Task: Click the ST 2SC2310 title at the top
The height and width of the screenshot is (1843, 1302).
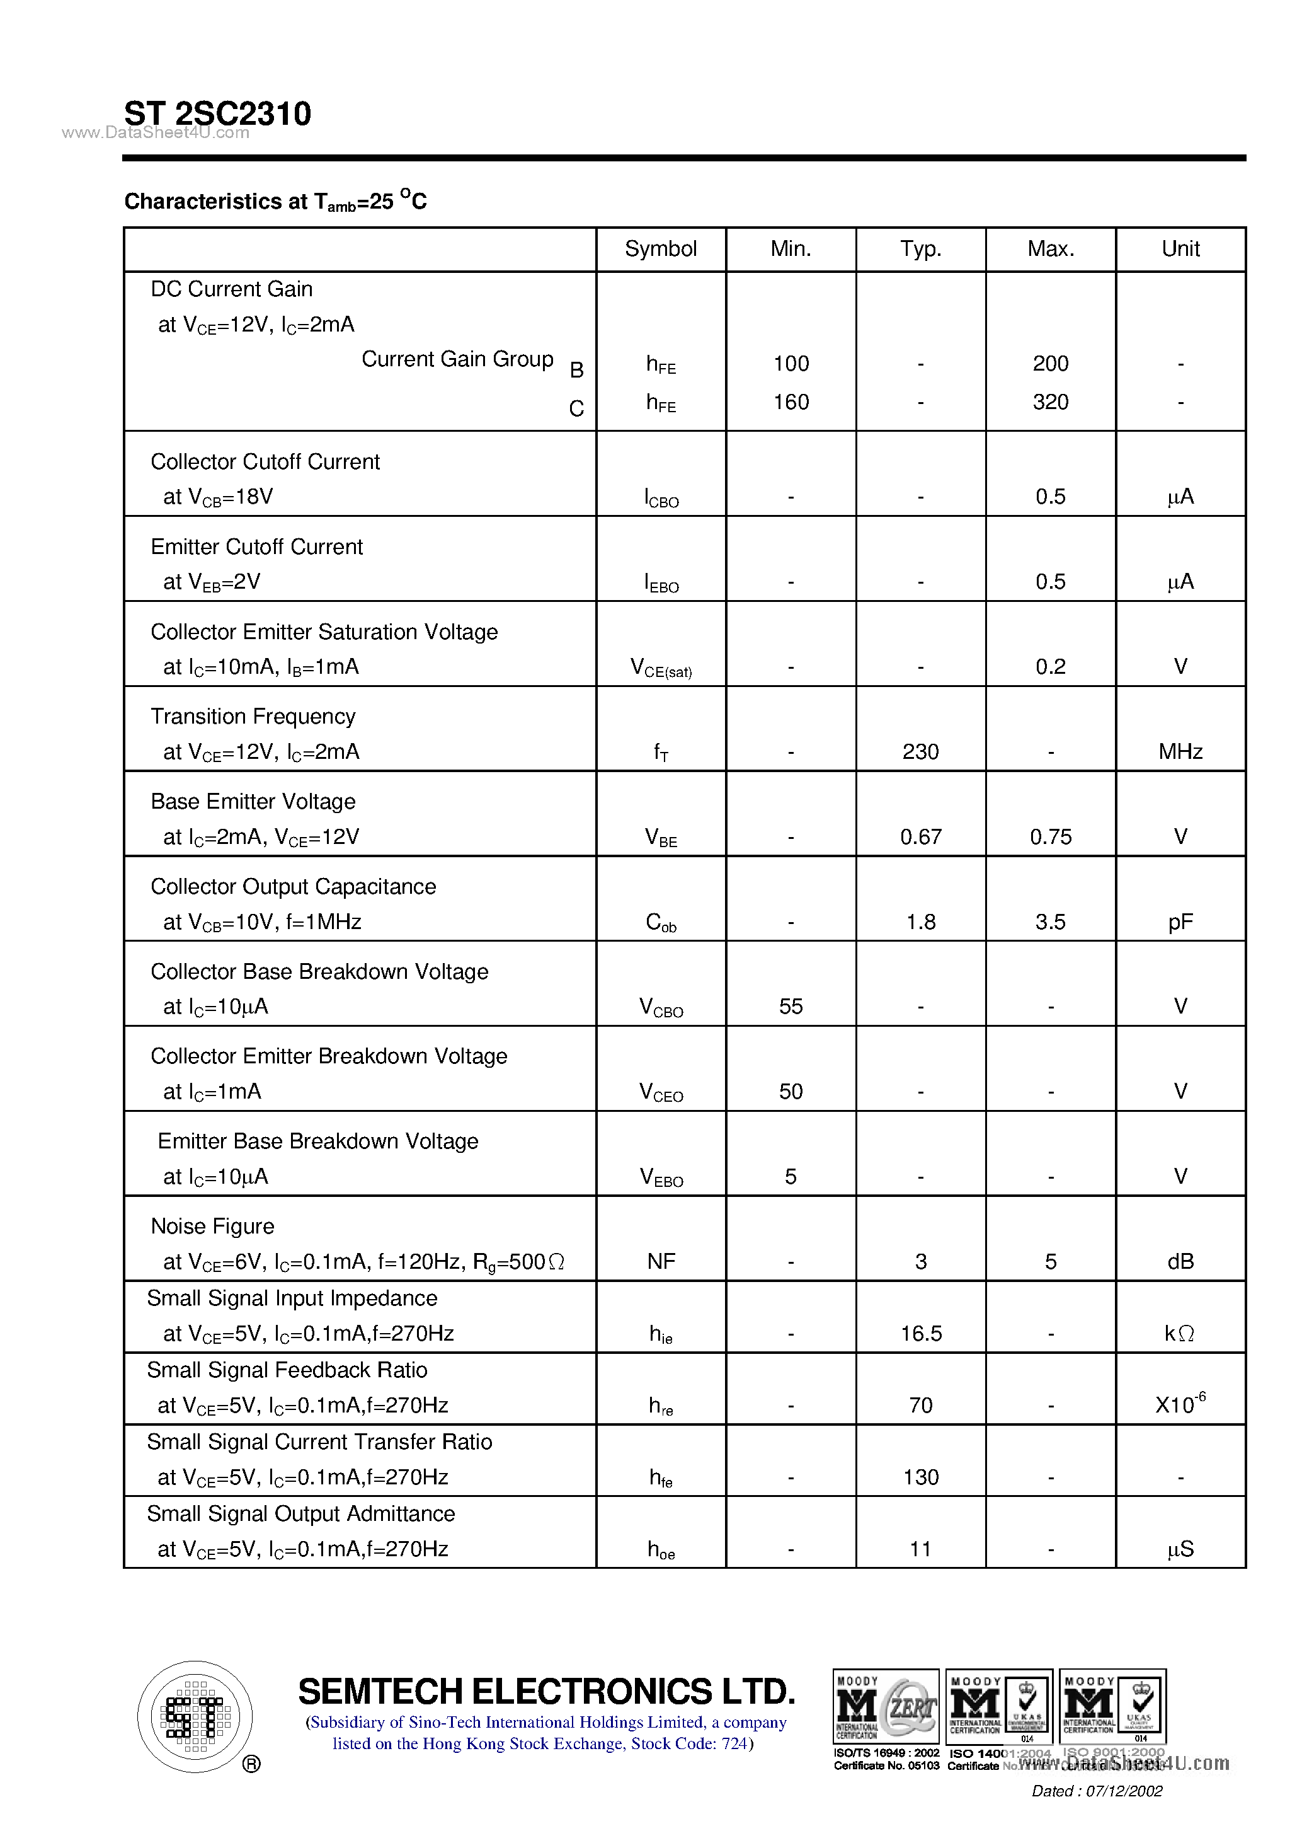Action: tap(217, 113)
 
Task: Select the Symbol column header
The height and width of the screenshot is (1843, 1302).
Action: tap(660, 249)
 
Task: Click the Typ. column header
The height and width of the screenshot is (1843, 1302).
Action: tap(920, 249)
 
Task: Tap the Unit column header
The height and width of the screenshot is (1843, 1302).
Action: tap(1180, 249)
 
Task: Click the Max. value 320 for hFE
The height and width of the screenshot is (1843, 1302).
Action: tap(1050, 402)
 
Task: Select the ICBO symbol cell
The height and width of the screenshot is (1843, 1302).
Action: tap(661, 498)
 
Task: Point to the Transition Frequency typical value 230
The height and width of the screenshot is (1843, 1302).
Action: tap(920, 752)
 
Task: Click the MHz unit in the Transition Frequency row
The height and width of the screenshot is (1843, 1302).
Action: tap(1180, 752)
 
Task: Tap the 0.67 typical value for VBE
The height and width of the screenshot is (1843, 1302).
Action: tap(920, 837)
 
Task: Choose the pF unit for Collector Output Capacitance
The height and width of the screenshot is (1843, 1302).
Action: tap(1180, 922)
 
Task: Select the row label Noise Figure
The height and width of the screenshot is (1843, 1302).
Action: tap(212, 1227)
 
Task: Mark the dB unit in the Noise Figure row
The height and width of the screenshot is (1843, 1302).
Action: tap(1180, 1262)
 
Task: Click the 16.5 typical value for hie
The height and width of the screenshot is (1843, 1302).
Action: tap(920, 1334)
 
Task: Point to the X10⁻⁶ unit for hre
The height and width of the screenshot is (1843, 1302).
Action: tap(1180, 1405)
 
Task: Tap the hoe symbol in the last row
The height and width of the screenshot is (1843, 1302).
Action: tap(661, 1550)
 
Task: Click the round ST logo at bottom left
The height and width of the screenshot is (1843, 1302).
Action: tap(195, 1717)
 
